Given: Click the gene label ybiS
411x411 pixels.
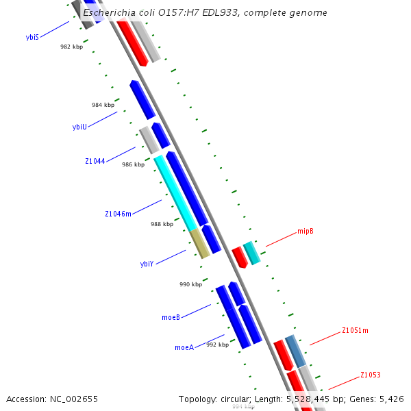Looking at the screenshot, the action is coord(32,38).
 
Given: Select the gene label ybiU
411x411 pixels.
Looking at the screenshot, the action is coord(79,127).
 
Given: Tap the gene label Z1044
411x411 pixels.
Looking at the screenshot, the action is coord(95,161).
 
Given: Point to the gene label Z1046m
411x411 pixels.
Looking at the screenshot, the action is coord(118,214).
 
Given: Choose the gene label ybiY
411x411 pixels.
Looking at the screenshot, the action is coord(147,264).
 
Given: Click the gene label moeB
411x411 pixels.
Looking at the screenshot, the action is coord(171,317).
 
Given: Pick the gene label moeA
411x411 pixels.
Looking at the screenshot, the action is coord(184,347).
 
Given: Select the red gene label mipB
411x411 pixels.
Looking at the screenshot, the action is coord(306,232).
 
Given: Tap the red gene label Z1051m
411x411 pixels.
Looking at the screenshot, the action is coord(355,330).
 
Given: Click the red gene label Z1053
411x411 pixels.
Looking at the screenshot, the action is coord(371,375).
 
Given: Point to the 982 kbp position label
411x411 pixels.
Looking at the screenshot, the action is coord(71,47).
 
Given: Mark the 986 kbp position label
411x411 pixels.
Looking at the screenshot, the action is coord(133,164).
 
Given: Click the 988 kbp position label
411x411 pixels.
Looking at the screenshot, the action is coord(162,224).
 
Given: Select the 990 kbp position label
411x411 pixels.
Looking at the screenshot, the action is coord(190,284).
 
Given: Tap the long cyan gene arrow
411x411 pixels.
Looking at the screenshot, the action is coord(175,193).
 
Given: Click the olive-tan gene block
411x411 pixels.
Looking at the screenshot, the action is coord(200,243).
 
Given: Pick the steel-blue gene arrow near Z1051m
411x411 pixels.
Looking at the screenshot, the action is coord(295,351).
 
